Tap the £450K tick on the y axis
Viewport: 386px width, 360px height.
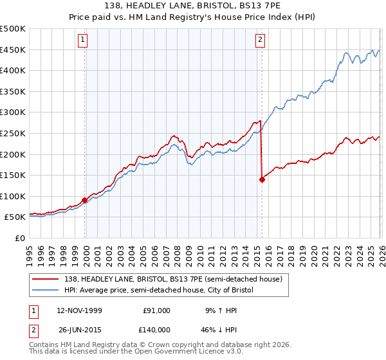[x=13, y=50]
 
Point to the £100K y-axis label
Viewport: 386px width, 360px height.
[x=13, y=196]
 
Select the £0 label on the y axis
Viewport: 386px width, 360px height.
[x=21, y=238]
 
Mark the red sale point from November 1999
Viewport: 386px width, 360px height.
[x=85, y=200]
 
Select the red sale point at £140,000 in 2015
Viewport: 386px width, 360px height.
[x=262, y=180]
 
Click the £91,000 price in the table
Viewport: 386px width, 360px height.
[x=156, y=310]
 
